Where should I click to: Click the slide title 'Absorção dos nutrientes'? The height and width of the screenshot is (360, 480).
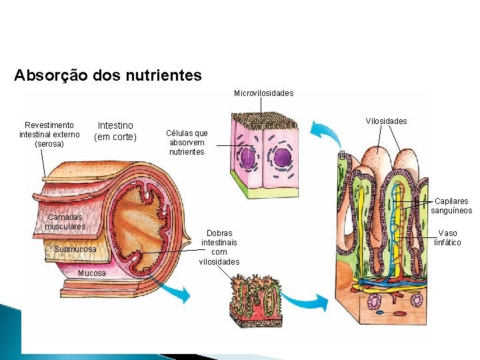click(107, 75)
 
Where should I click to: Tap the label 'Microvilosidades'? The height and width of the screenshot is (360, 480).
click(263, 93)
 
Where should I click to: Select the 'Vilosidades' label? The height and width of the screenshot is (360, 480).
click(386, 121)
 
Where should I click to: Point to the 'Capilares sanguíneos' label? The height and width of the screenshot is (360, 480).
click(451, 206)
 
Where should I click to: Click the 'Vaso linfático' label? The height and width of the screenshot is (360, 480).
click(447, 238)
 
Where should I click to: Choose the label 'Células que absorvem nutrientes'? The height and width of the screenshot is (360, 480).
click(189, 143)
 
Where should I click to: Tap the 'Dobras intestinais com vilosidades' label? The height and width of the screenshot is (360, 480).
click(219, 247)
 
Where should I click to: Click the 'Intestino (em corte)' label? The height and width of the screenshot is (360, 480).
click(115, 131)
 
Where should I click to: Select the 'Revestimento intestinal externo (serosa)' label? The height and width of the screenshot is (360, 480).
click(49, 135)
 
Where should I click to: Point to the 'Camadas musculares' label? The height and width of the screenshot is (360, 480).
click(65, 222)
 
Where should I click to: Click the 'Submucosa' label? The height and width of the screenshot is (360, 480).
click(75, 249)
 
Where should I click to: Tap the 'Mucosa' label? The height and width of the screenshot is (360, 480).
click(91, 273)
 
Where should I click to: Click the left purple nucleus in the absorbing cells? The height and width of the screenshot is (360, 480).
click(248, 159)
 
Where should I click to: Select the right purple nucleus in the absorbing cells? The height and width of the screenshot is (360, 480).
click(283, 158)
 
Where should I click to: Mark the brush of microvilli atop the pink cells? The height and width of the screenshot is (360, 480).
click(264, 121)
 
